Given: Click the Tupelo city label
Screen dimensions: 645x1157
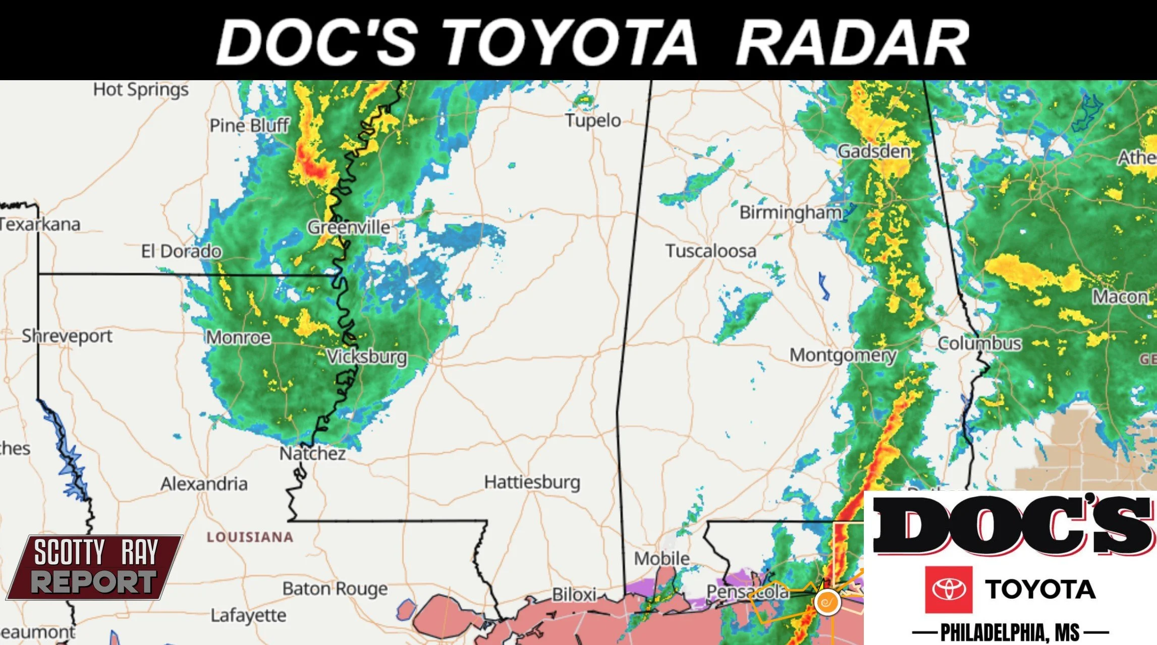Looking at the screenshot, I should (x=592, y=121).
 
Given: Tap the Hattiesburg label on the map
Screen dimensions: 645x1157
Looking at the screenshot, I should (x=532, y=482).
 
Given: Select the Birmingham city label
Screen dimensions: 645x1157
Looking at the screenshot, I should (x=790, y=212).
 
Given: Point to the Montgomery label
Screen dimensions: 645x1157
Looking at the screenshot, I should (x=843, y=355).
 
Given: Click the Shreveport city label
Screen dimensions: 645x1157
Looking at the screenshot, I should (x=67, y=336).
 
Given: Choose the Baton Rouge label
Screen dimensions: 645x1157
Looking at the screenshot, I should (x=335, y=589).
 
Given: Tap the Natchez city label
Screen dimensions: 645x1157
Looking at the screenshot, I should (x=312, y=453).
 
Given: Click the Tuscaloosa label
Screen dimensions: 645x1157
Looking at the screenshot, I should (x=710, y=251).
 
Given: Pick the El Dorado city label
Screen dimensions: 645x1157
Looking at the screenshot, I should (x=181, y=251).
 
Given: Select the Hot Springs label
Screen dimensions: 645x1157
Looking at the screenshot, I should (x=140, y=90).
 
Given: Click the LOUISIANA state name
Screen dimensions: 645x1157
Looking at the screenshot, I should (x=250, y=537).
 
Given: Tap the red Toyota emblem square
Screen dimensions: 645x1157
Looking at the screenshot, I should (x=948, y=589).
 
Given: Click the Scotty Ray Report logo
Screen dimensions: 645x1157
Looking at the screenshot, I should (x=95, y=567).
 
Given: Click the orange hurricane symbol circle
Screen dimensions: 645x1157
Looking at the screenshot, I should (x=827, y=602).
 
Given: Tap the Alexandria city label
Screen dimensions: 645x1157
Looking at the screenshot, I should (x=204, y=484).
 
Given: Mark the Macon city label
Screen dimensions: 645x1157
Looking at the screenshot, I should (x=1120, y=297).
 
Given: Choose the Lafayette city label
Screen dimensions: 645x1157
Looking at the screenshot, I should (x=248, y=615).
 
